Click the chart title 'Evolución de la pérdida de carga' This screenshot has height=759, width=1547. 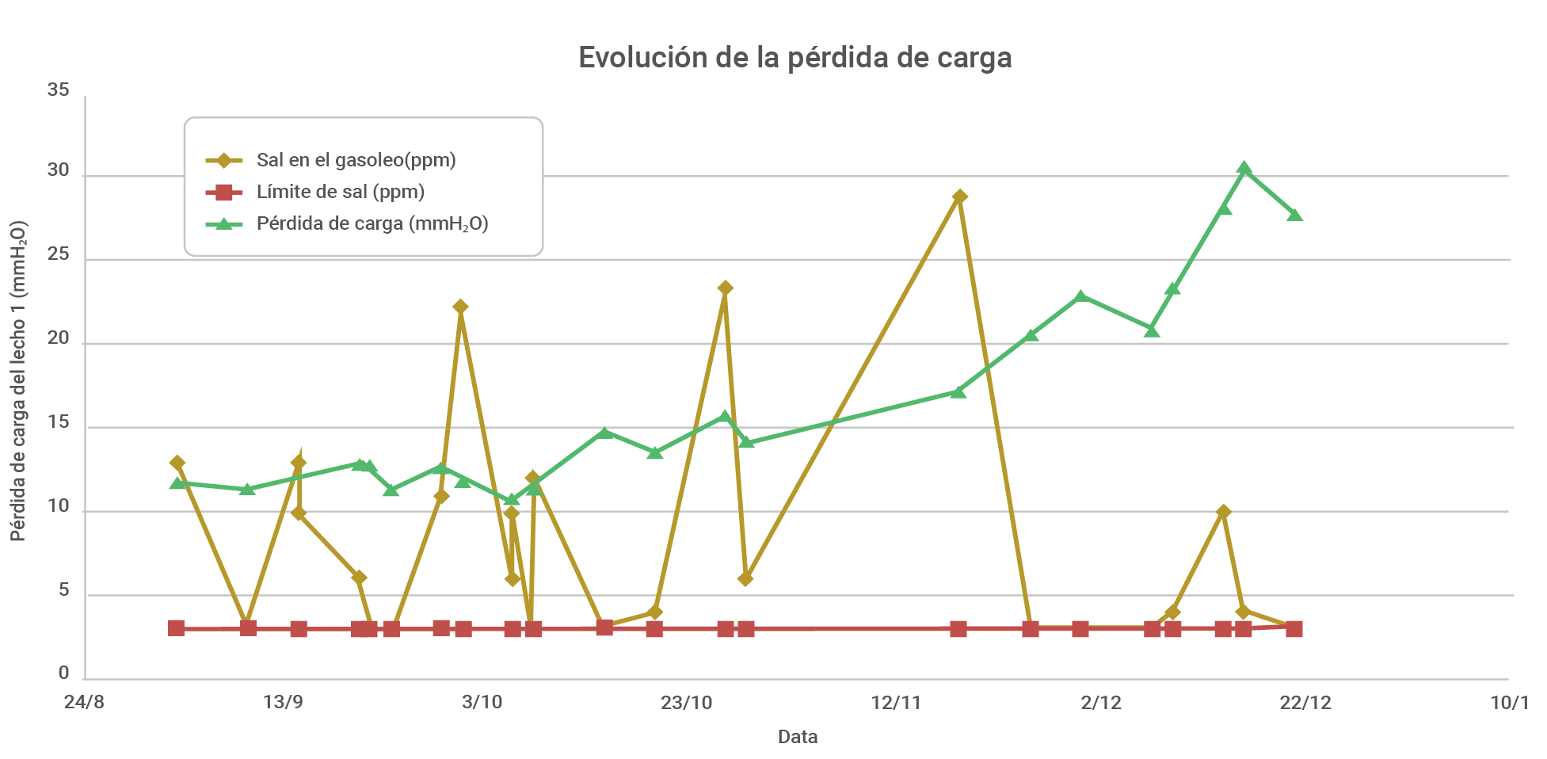(x=794, y=58)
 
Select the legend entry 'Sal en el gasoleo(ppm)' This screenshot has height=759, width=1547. (x=356, y=160)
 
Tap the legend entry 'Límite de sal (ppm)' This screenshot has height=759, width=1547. (x=340, y=192)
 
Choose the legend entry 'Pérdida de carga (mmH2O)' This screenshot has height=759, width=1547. (x=372, y=223)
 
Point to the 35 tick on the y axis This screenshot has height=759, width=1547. (x=58, y=90)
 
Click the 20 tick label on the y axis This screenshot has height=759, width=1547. (x=58, y=339)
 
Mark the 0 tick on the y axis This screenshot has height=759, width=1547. (x=63, y=673)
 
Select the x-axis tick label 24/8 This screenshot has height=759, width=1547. (x=84, y=703)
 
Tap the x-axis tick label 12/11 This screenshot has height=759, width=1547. (x=896, y=703)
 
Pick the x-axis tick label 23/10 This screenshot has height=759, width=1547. (x=686, y=703)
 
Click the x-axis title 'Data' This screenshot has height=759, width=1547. (x=797, y=737)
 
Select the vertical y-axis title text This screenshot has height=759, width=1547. (x=18, y=381)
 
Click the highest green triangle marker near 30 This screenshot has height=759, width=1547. (x=1244, y=168)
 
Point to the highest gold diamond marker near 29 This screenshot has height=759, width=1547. (x=959, y=196)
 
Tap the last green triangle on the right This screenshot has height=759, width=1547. (x=1294, y=214)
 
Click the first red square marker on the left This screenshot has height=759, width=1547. (x=177, y=628)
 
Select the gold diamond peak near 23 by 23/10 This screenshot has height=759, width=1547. (x=725, y=288)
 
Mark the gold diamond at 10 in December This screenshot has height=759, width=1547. (x=1224, y=512)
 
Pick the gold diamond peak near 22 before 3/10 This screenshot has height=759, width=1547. (x=460, y=307)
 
